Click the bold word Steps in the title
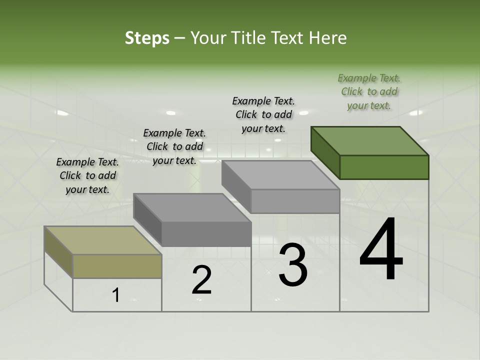click(x=147, y=38)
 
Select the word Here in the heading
click(x=327, y=38)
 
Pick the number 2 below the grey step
click(x=201, y=280)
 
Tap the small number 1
click(x=115, y=295)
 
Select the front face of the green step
click(x=384, y=167)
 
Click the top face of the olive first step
click(x=102, y=240)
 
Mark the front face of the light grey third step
click(x=295, y=201)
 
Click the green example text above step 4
click(x=369, y=92)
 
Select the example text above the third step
click(x=263, y=114)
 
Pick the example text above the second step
click(x=174, y=146)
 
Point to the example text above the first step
click(x=87, y=175)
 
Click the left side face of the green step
click(x=325, y=152)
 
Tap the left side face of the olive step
click(x=58, y=252)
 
